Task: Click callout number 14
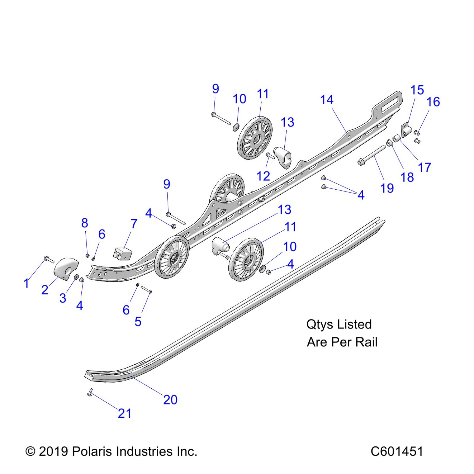(327, 100)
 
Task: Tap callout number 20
(170, 400)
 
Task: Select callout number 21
(124, 413)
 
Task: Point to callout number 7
(134, 224)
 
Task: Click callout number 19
(387, 188)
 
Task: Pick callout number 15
(417, 90)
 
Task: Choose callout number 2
(45, 290)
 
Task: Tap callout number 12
(263, 176)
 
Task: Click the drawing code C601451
(396, 451)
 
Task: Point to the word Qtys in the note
(320, 324)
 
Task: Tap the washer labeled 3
(76, 277)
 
